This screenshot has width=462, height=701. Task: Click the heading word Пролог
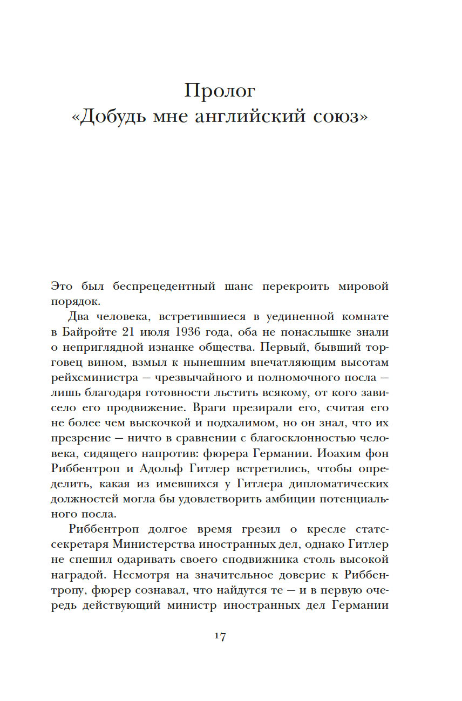pos(220,91)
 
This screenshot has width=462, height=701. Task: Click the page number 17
pos(220,636)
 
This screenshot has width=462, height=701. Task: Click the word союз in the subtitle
pos(335,117)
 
